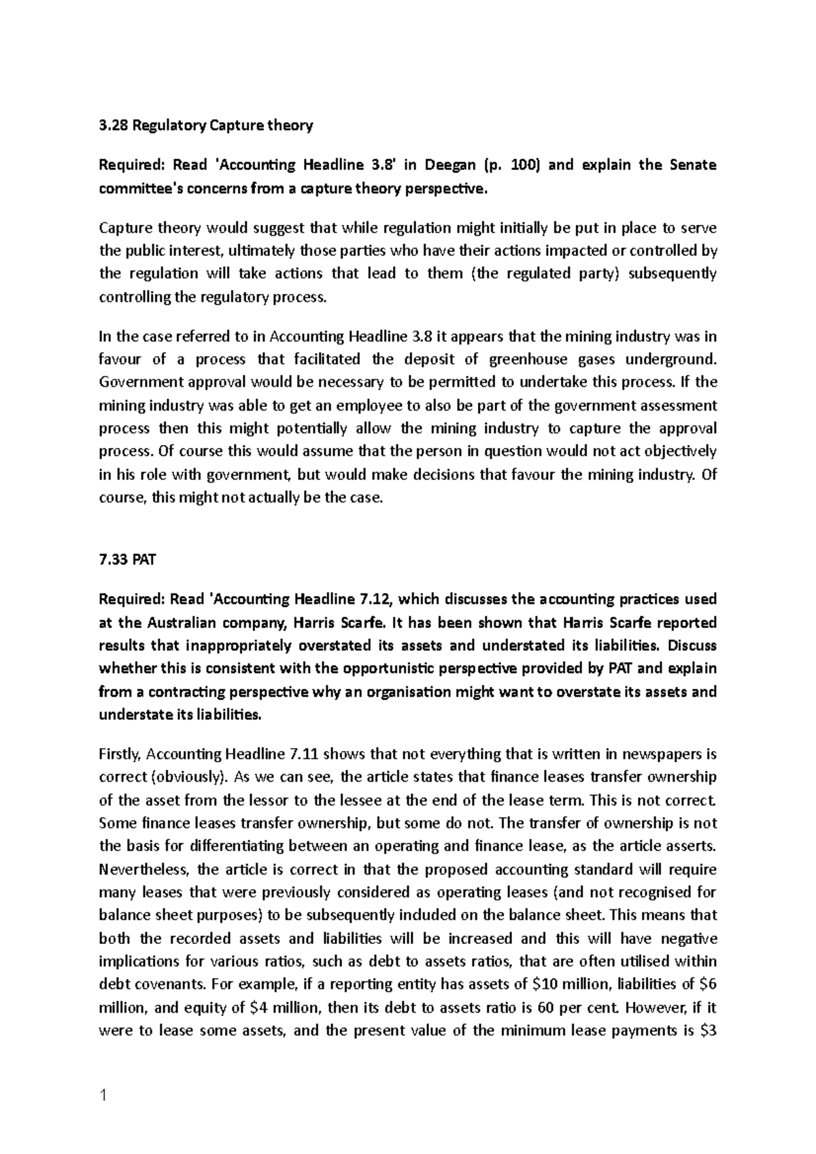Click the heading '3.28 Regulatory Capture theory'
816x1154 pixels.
pyautogui.click(x=206, y=125)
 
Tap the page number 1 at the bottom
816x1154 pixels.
pyautogui.click(x=103, y=1095)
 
